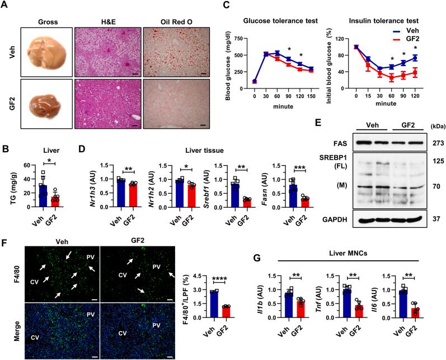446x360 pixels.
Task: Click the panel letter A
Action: click(x=5, y=5)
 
